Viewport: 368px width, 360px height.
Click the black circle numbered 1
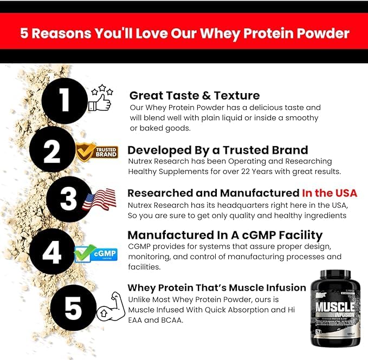[63, 101]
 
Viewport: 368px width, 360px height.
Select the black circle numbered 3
[69, 199]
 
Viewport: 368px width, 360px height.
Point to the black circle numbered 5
[72, 307]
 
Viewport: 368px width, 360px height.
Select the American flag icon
[100, 200]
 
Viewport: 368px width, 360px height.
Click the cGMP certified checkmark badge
[88, 252]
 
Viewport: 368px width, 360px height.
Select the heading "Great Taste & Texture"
[195, 96]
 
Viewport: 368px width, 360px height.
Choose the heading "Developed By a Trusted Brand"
[217, 150]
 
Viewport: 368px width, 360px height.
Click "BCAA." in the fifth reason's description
[175, 320]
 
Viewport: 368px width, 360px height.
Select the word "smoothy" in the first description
[299, 117]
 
